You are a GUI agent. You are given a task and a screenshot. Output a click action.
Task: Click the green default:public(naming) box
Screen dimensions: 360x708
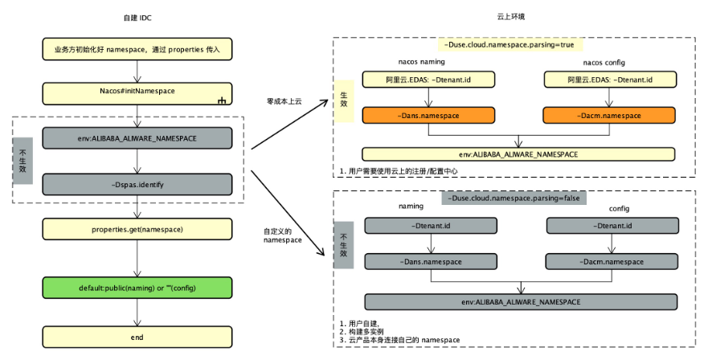tap(137, 287)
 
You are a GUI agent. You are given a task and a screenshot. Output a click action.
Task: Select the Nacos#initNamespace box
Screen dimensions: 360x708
tap(137, 92)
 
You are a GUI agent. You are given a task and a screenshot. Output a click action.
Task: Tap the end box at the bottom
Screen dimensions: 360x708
tap(137, 337)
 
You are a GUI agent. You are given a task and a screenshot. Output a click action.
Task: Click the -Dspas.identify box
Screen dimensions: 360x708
tap(137, 185)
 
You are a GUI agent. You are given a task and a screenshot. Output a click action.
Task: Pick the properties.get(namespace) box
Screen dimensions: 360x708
tap(137, 230)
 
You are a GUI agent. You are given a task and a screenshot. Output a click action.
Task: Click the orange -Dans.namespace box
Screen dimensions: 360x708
tap(428, 116)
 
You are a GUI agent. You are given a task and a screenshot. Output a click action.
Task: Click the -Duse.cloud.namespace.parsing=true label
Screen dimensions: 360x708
tap(514, 46)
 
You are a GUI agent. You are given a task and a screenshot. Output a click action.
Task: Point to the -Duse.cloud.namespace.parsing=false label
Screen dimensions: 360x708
tap(514, 198)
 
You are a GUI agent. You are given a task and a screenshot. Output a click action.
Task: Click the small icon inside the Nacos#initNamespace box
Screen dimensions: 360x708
tap(221, 100)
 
